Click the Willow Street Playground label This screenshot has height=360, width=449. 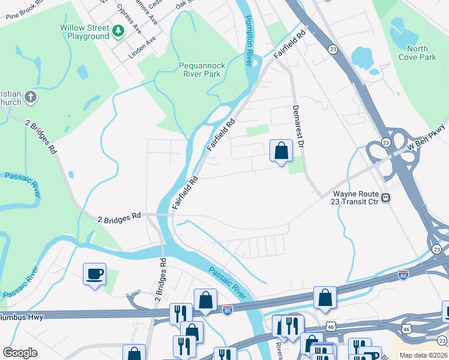84,32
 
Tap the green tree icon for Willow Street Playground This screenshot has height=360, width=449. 119,30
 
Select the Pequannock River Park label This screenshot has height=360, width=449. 200,70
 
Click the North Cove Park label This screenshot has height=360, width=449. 421,53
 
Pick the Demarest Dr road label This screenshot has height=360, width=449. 299,127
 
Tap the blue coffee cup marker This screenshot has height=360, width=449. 95,274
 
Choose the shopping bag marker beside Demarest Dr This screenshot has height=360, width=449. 281,151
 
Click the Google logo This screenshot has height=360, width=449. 20,353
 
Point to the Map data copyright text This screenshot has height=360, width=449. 424,355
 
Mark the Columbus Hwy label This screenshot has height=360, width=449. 22,316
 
